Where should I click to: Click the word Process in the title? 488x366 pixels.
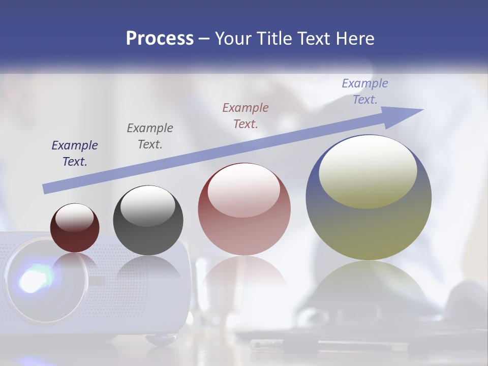click(x=160, y=39)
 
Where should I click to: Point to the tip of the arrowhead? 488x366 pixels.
click(x=423, y=109)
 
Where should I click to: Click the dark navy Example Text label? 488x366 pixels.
click(x=74, y=153)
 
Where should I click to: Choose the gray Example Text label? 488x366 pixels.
click(x=150, y=136)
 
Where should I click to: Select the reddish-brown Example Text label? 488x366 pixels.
click(x=246, y=115)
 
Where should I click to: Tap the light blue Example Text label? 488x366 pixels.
click(x=364, y=91)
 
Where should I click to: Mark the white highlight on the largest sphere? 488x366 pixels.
click(x=368, y=170)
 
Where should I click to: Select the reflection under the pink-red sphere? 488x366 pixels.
click(x=244, y=274)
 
